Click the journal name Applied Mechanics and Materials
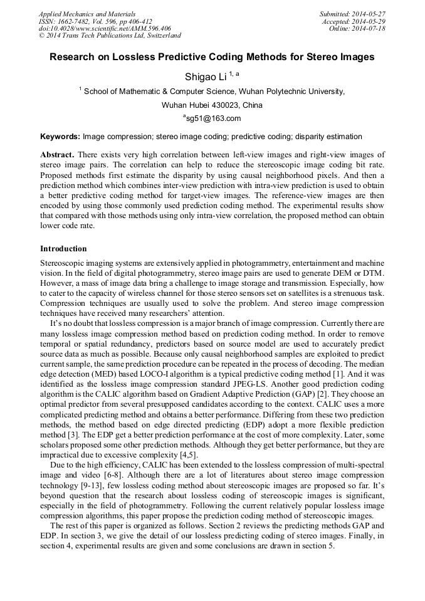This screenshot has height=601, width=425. pyautogui.click(x=87, y=13)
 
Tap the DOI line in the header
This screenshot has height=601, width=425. pyautogui.click(x=105, y=28)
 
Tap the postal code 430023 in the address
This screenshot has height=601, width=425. pyautogui.click(x=220, y=105)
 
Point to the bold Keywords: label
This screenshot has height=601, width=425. pyautogui.click(x=60, y=137)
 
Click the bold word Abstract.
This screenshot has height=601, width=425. pyautogui.click(x=57, y=154)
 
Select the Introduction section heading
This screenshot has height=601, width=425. pyautogui.click(x=63, y=249)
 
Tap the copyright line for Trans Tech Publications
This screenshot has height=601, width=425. pyautogui.click(x=110, y=36)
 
